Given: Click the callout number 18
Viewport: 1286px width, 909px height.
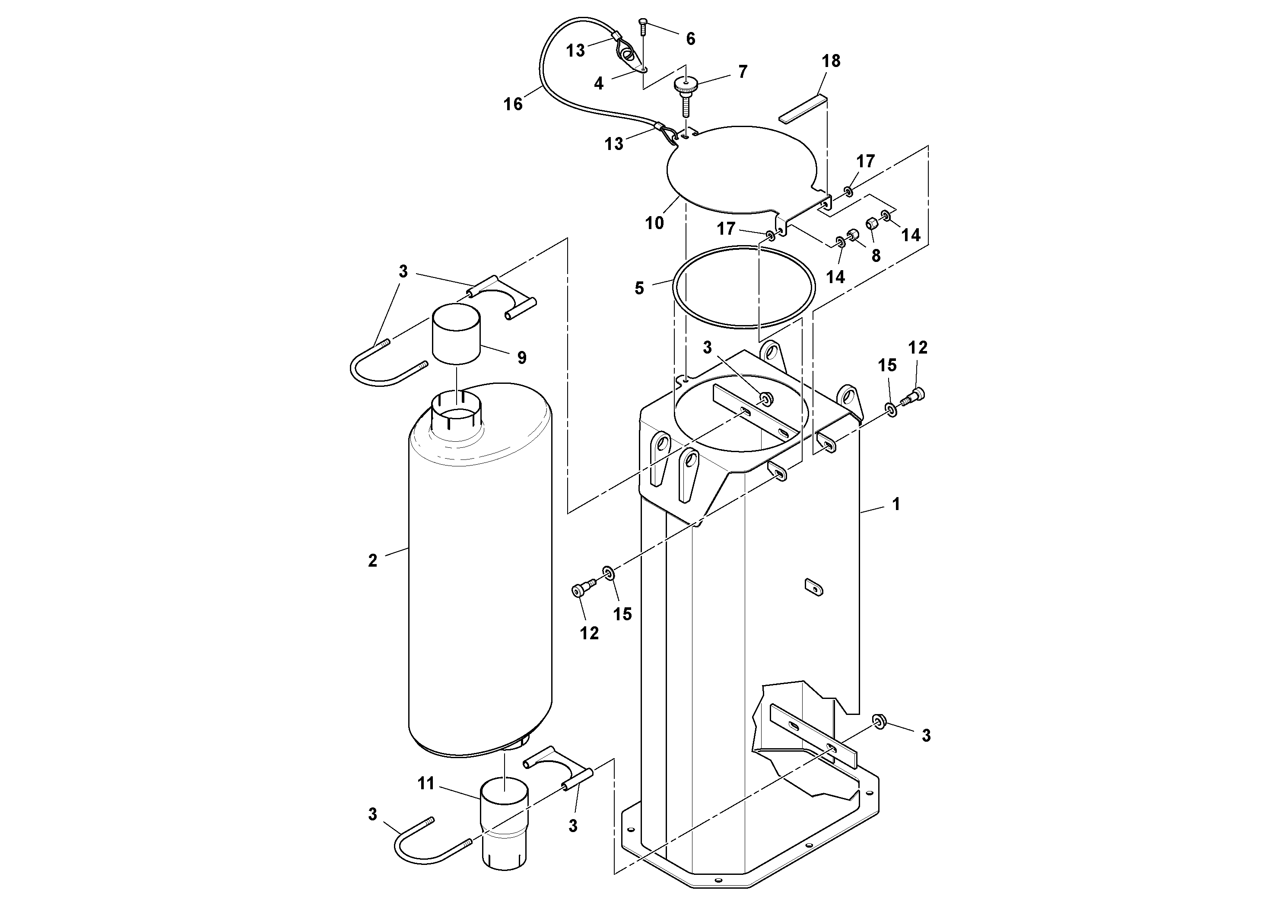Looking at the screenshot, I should [831, 61].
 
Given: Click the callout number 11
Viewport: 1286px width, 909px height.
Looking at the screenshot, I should [425, 784].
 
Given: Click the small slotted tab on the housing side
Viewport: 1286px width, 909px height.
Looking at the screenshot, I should [813, 587].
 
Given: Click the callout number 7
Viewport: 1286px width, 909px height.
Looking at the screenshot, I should [743, 72].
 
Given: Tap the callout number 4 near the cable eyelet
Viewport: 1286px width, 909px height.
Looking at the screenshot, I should [599, 83].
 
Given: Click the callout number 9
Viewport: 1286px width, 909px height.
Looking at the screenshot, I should [521, 357].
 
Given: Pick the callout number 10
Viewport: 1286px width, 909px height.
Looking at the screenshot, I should [654, 223].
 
